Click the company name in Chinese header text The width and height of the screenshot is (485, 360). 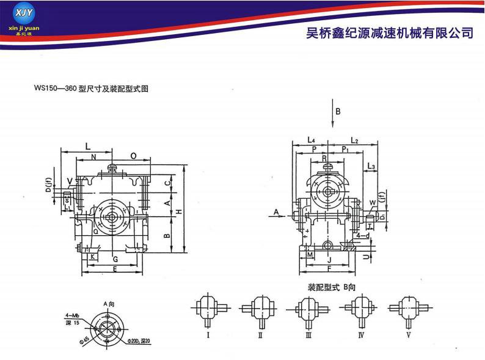coord(389,32)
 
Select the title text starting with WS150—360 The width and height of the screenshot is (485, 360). coord(92,89)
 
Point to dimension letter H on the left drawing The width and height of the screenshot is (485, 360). coord(178,211)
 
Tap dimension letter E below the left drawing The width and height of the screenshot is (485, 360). coord(114,269)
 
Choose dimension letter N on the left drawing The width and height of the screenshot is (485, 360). coord(93,157)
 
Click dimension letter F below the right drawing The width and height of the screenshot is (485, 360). coord(329,268)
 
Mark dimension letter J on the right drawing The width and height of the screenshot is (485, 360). coord(329,259)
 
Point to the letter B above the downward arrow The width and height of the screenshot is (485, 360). coord(337,111)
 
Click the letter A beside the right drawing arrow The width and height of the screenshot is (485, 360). coord(276,211)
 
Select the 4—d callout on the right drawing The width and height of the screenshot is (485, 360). coord(363,235)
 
